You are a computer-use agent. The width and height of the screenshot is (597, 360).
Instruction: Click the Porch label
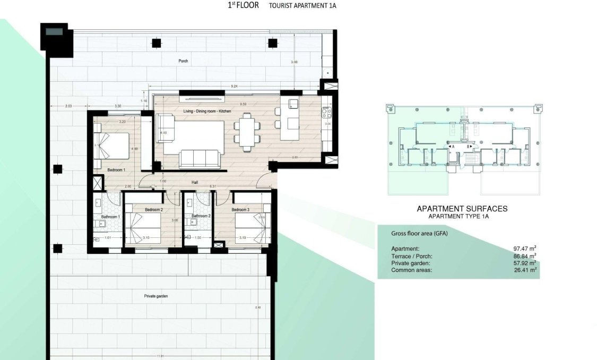coord(183,61)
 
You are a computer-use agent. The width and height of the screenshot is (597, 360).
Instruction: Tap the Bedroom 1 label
coord(116,170)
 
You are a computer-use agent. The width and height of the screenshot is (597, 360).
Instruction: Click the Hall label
coord(195,182)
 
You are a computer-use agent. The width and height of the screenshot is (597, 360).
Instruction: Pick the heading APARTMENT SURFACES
coord(462,209)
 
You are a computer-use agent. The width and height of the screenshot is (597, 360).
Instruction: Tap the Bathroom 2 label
coord(201,216)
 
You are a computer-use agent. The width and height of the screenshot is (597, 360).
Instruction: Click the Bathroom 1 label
coord(110,217)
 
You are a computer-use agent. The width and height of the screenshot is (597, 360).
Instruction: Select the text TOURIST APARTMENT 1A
coord(302,6)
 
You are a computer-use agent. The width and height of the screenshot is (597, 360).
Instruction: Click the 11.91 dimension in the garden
coord(159,355)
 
